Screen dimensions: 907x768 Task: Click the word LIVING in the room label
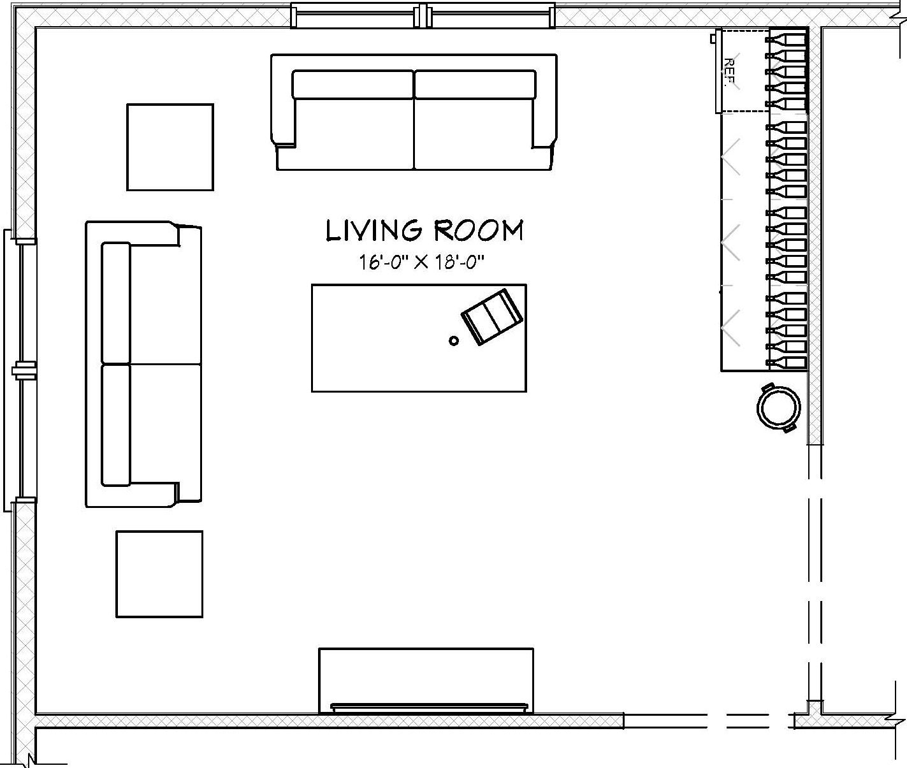coord(374,231)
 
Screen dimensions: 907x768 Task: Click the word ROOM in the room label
coord(479,231)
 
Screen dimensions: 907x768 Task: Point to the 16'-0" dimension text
coord(381,263)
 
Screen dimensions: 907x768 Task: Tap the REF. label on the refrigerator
coord(729,72)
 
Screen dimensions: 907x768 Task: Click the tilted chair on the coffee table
coord(492,316)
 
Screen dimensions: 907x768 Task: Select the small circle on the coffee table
coord(454,340)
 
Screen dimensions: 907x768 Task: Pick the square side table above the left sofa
coord(170,147)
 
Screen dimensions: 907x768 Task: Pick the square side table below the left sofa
coord(159,574)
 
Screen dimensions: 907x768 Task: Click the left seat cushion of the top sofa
coord(354,134)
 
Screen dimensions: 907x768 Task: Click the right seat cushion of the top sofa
coord(474,134)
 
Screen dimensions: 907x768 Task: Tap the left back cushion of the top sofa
coord(353,84)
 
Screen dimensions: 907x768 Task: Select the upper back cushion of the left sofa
coord(116,302)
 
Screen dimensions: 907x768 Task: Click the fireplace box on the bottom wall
coord(426,680)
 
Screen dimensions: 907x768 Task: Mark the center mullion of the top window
coord(423,16)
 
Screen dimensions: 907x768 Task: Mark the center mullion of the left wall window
coord(24,370)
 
